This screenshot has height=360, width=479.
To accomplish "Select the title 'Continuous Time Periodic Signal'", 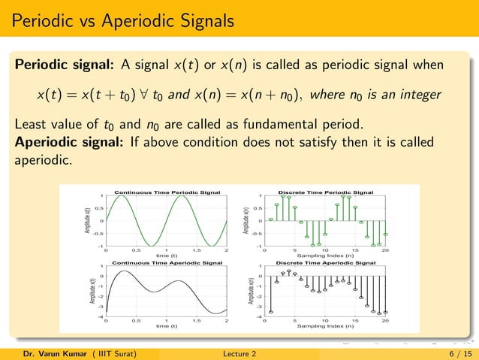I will pos(166,192).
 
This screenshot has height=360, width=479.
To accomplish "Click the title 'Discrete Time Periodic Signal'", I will pos(326,192).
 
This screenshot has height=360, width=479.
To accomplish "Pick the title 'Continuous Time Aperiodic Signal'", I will pos(166,263).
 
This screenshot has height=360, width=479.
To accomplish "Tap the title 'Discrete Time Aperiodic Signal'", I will pos(326,263).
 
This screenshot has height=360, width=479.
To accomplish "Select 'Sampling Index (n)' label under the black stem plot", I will pos(326,327).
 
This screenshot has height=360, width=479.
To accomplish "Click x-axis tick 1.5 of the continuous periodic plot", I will pos(196,250).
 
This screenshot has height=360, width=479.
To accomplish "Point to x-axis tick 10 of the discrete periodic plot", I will pos(325,250).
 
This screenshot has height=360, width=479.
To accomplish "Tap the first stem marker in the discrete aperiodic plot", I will pos(271,311).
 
